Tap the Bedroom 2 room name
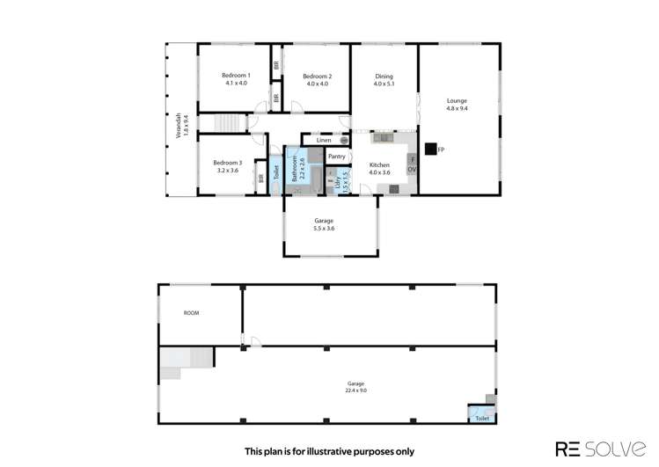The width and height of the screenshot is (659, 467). pos(317,76)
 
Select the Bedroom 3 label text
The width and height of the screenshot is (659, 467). pos(227,162)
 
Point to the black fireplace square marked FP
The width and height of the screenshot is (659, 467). pos(430,150)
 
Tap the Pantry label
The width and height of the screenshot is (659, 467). pos(336,157)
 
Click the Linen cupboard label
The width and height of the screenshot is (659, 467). pos(324,140)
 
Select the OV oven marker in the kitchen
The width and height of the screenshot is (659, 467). pos(411,169)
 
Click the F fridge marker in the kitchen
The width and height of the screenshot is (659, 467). pos(411,159)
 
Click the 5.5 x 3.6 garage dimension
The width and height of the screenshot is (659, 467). pos(324,229)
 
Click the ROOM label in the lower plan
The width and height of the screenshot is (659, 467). pos(192,312)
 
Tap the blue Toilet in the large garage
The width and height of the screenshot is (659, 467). pos(481,419)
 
